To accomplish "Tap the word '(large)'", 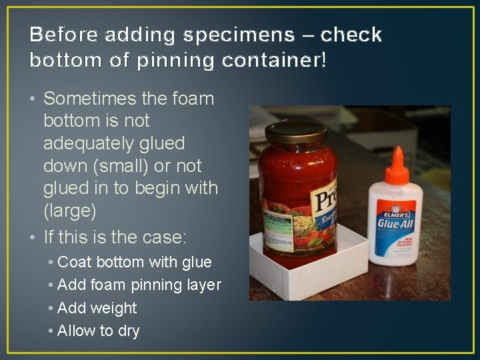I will pos(70,211).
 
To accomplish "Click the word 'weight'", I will pos(114,308).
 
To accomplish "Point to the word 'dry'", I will pos(127,331).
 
